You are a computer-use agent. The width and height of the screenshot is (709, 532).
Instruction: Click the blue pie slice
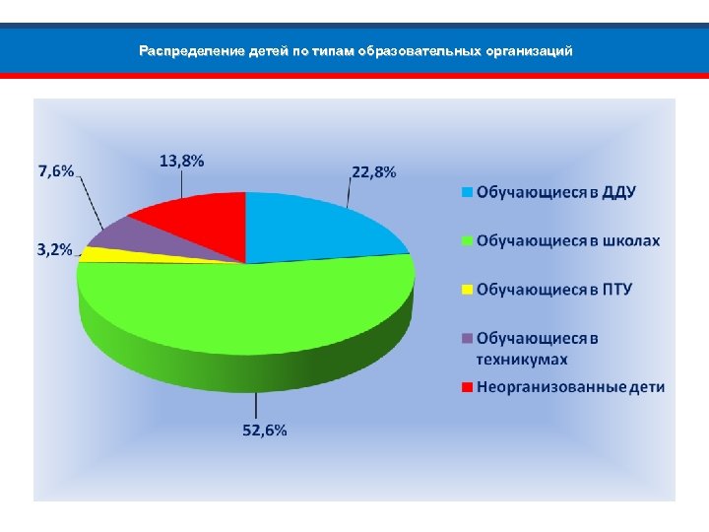pos(315,225)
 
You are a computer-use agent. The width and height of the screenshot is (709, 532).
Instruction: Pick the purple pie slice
pos(123,236)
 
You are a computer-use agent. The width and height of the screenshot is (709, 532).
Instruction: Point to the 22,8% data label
pos(374,172)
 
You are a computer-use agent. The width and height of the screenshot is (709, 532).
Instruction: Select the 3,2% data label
pos(54,250)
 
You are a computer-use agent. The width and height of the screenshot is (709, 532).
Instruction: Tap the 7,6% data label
pos(56,170)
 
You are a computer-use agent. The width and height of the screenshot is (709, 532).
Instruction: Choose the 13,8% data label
pos(182,162)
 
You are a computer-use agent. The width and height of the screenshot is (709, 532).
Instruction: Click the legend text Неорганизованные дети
pos(571,386)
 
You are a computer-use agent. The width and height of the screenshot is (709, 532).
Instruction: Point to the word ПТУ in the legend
pos(613,290)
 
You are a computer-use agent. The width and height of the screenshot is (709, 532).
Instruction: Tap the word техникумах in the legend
pos(522,359)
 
